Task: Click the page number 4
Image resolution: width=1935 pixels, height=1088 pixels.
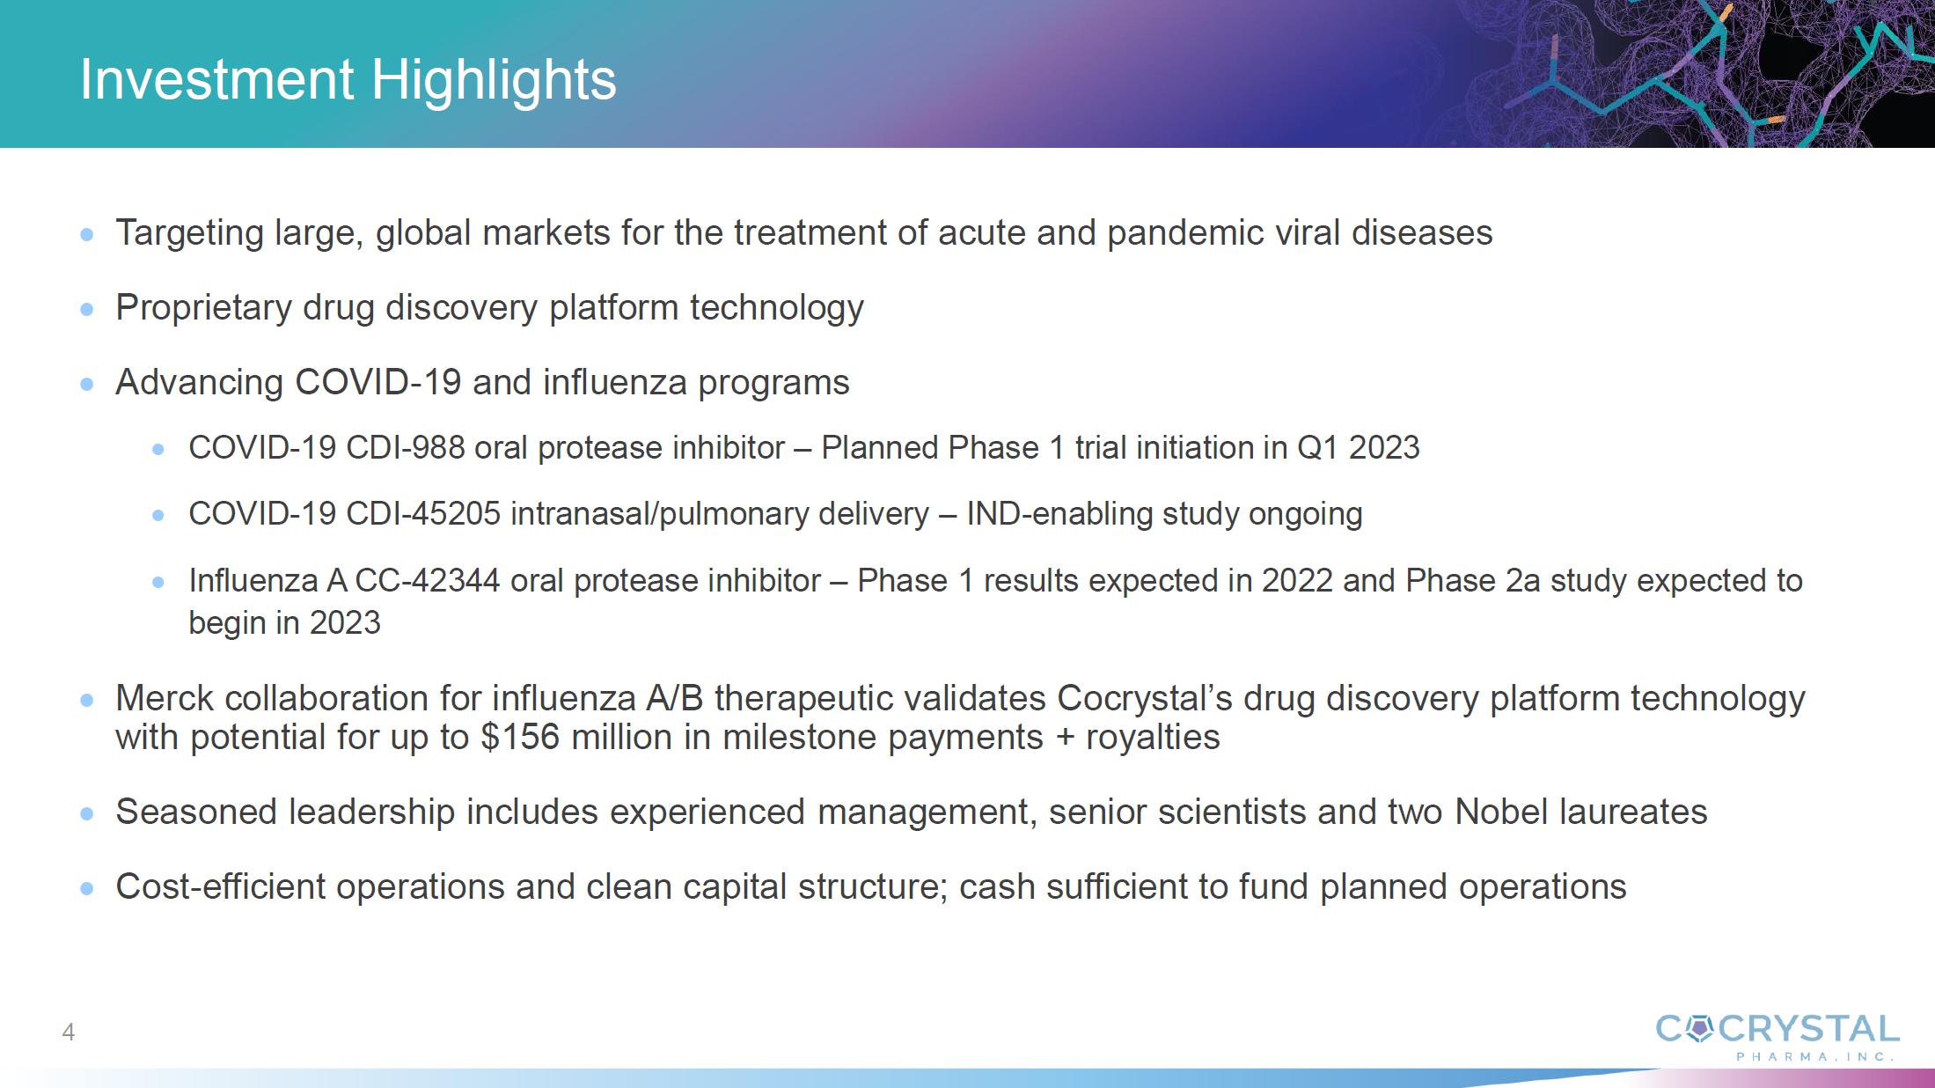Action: pyautogui.click(x=69, y=1032)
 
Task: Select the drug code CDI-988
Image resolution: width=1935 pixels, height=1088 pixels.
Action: pyautogui.click(x=405, y=447)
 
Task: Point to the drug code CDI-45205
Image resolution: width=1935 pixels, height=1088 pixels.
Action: pyautogui.click(x=423, y=513)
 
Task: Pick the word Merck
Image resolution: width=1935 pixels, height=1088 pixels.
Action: pyautogui.click(x=165, y=698)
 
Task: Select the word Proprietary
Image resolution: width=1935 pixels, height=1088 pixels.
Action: pyautogui.click(x=203, y=308)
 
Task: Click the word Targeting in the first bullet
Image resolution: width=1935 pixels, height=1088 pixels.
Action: pyautogui.click(x=189, y=234)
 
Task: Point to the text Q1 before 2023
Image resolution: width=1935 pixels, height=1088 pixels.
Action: pyautogui.click(x=1318, y=448)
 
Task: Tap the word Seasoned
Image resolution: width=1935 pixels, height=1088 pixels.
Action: pyautogui.click(x=196, y=812)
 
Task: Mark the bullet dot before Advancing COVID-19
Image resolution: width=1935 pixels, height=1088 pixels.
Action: pyautogui.click(x=86, y=384)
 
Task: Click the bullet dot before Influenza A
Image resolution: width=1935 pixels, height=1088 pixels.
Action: pyautogui.click(x=158, y=582)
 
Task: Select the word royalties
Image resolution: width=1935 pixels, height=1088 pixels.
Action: pyautogui.click(x=1153, y=738)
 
